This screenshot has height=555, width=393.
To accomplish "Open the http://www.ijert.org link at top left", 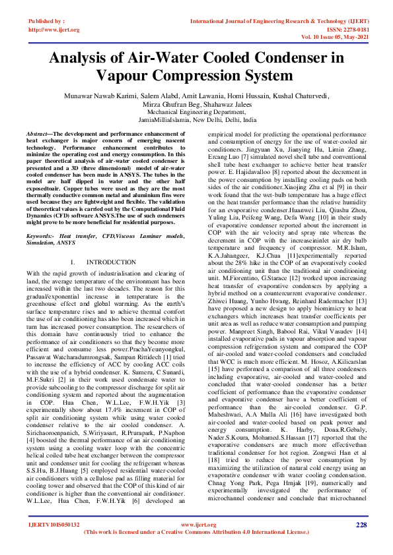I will point(54,30).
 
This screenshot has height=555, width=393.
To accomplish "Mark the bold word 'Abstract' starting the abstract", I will point(38,133).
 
